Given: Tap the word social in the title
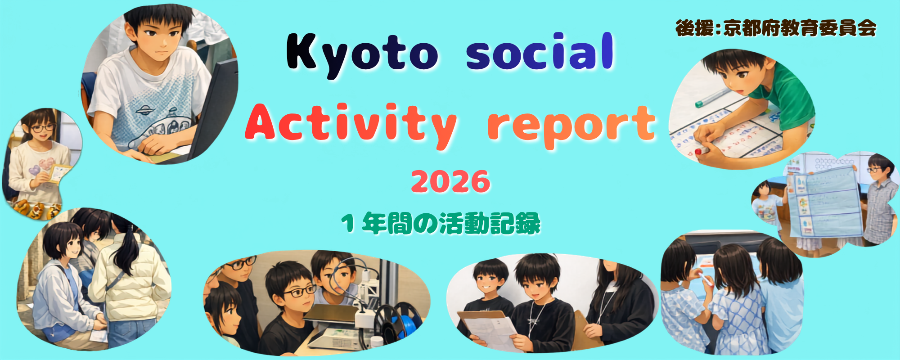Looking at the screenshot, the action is pyautogui.click(x=540, y=52).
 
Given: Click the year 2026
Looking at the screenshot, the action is pyautogui.click(x=450, y=182).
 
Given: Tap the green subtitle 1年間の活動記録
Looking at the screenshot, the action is pyautogui.click(x=441, y=223).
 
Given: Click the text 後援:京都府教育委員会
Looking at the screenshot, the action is pyautogui.click(x=776, y=28).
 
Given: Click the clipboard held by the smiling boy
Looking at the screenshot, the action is pyautogui.click(x=488, y=328).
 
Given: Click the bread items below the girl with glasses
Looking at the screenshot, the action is pyautogui.click(x=36, y=208).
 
